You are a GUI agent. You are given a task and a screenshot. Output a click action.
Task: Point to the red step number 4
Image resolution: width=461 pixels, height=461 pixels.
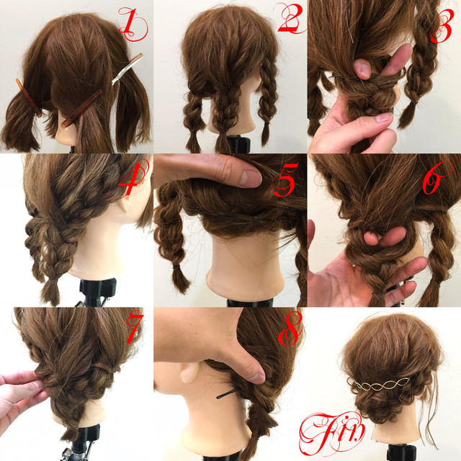[133, 179]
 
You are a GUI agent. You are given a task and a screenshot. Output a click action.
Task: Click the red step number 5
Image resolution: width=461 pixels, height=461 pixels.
[285, 179]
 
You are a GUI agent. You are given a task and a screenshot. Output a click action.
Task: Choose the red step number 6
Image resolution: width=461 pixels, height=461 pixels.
[434, 179]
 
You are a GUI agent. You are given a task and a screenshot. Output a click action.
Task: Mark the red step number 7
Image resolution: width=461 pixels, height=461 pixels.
[135, 328]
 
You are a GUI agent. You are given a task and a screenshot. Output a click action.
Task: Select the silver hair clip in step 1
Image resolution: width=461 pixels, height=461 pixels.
[127, 68]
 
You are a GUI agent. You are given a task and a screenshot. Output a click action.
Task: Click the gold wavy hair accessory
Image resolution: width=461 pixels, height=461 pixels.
[379, 385]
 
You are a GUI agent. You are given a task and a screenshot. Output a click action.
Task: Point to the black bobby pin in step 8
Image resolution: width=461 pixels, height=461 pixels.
[227, 393]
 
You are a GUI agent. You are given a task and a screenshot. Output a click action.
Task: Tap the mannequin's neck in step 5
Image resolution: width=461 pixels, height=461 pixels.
[246, 264]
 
